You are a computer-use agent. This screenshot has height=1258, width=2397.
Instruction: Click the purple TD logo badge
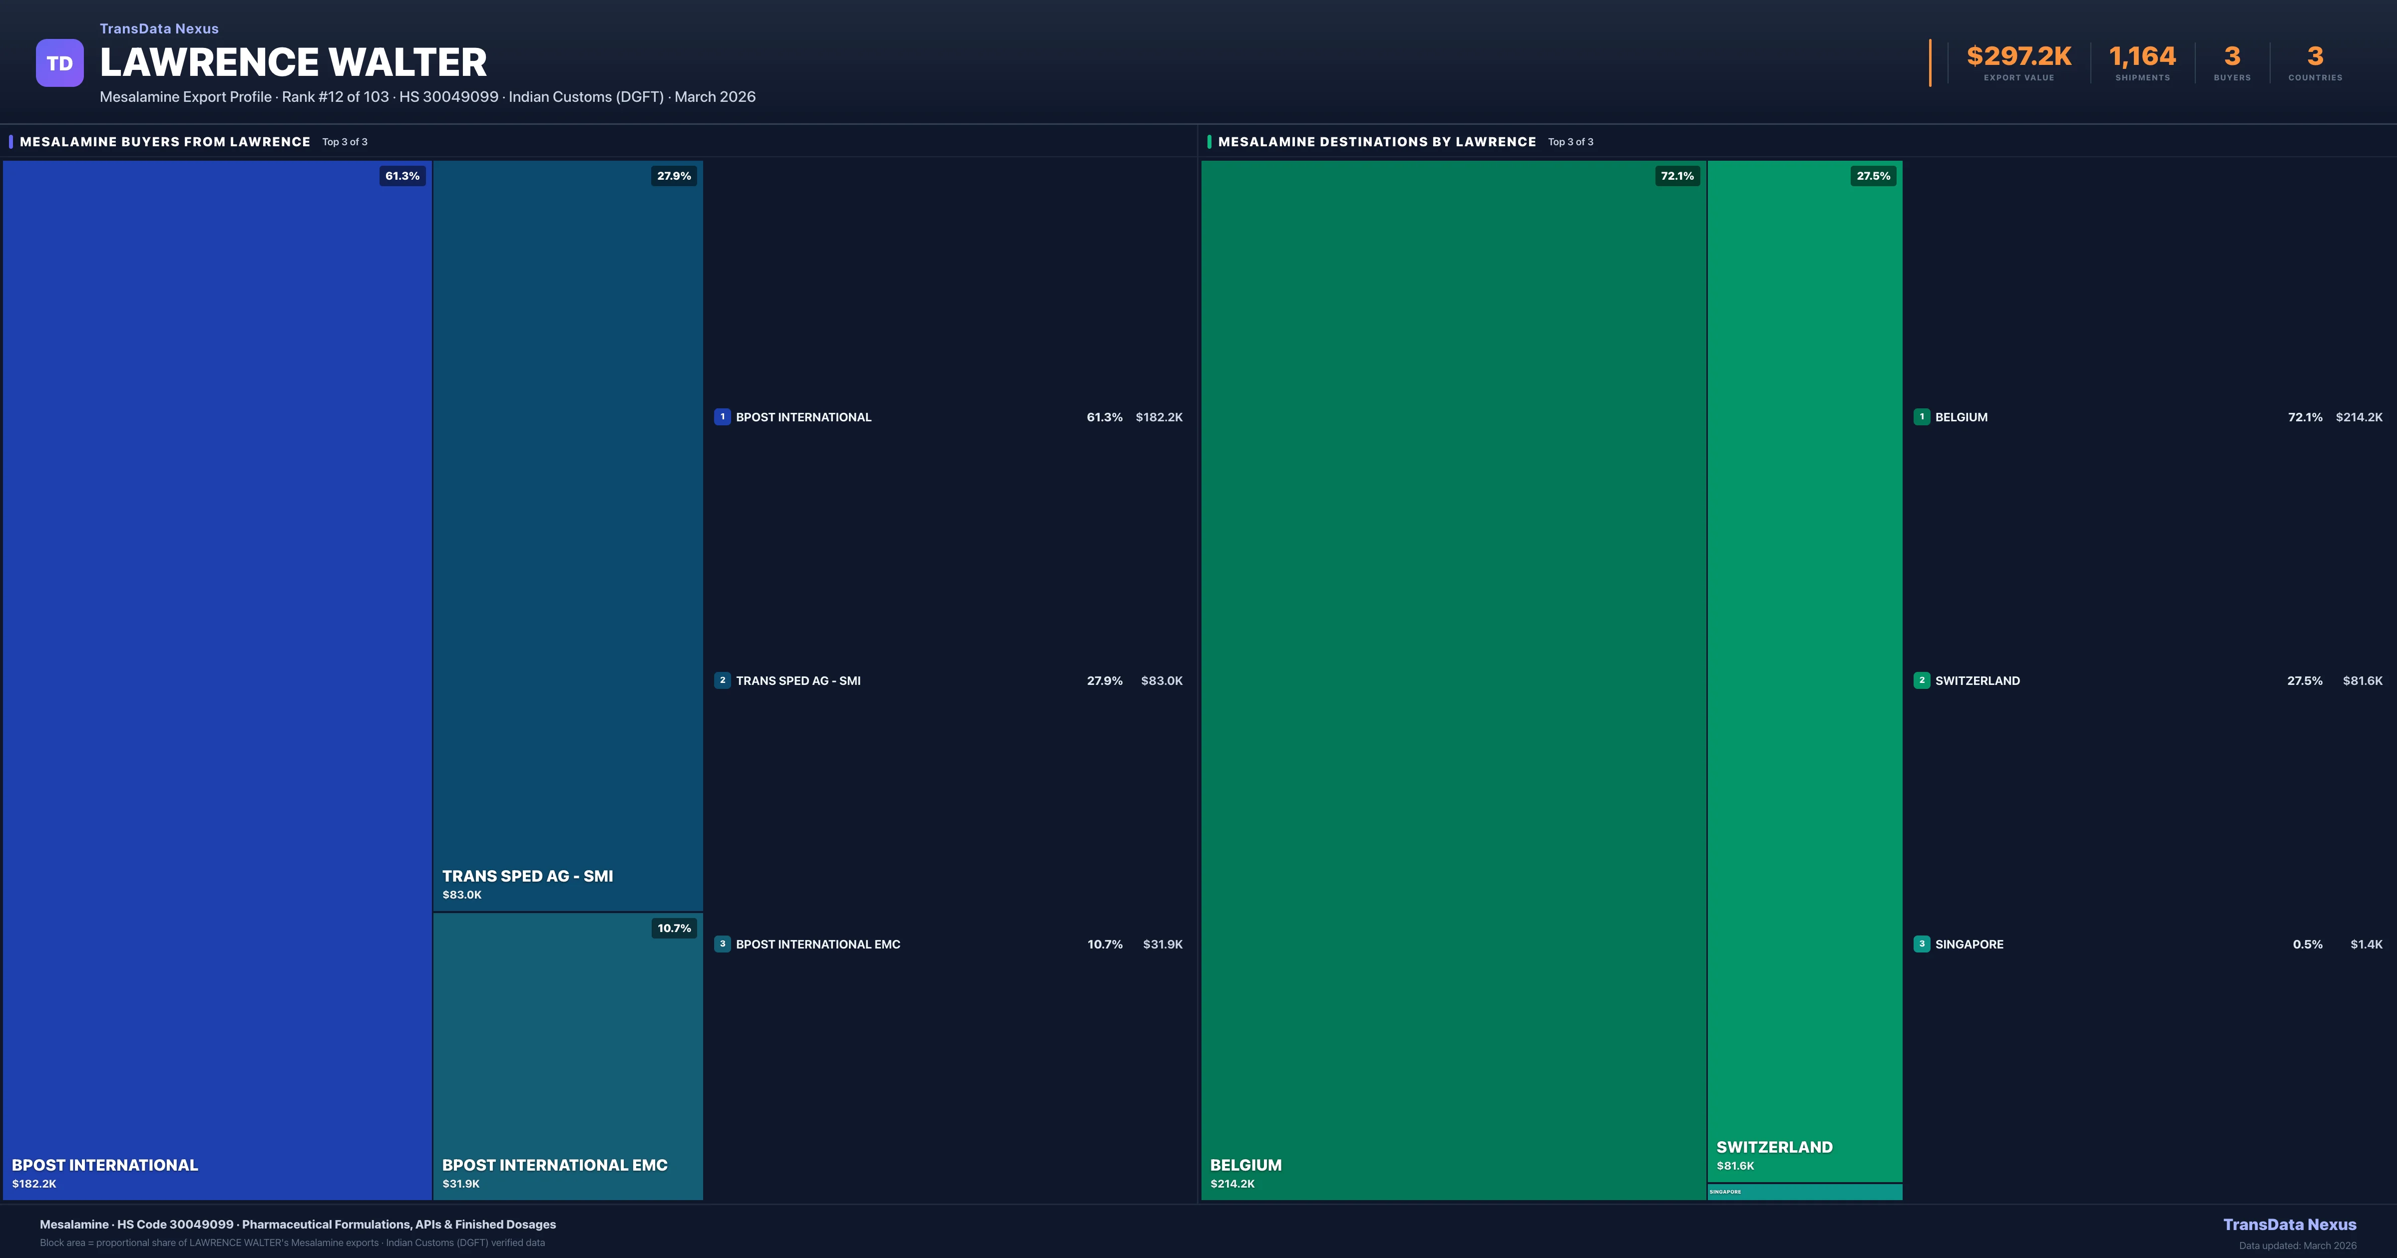coord(59,63)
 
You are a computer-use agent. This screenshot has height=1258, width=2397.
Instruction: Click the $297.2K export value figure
coord(2018,57)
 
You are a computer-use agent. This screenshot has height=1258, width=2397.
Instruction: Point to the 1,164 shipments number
coord(2142,57)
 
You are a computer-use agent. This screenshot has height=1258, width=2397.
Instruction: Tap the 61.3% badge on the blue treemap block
coord(402,176)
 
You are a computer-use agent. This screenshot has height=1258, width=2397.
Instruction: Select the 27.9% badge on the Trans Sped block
coord(674,176)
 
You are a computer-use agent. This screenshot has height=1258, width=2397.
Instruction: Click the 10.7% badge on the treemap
coord(674,928)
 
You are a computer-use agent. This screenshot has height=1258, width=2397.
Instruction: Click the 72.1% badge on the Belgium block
coord(1677,176)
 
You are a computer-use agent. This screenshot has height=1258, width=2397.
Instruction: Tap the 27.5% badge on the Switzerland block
coord(1873,176)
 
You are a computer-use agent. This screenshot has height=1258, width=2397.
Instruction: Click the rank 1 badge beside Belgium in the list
coord(1922,417)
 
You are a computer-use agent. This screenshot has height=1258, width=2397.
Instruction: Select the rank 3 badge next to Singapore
coord(1922,943)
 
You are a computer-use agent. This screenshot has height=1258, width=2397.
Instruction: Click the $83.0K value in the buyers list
coord(1161,681)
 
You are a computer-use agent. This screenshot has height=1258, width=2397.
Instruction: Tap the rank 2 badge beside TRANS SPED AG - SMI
coord(722,680)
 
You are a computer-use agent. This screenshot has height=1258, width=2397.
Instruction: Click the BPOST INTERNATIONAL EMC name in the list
coord(818,944)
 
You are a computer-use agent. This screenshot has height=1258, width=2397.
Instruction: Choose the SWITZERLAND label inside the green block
coord(1774,1147)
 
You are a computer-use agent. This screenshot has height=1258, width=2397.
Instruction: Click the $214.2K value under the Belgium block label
coord(1232,1184)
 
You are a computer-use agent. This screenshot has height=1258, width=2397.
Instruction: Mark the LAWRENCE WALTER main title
coord(293,62)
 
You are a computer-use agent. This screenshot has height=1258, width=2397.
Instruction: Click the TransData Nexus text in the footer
coord(2289,1225)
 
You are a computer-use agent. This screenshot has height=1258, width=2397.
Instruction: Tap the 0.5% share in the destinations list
coord(2307,944)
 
